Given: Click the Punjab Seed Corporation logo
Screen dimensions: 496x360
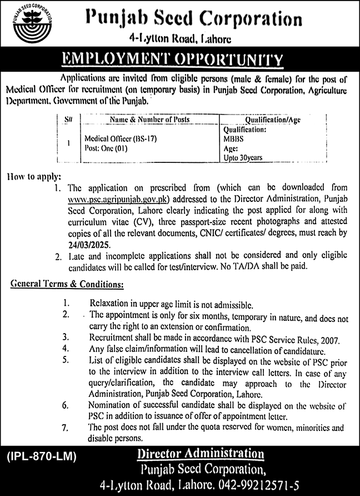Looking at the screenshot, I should coord(31,29).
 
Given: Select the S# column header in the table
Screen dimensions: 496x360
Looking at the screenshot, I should coord(68,119).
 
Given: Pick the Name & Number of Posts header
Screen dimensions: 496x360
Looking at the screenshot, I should coord(150,119).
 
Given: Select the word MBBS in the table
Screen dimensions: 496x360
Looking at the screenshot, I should coord(232,139).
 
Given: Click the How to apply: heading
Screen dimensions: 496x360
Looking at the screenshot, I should coord(34,177).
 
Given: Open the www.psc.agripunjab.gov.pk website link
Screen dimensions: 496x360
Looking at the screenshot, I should coord(116,198).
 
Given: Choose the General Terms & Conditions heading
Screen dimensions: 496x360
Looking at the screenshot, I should coord(67,285).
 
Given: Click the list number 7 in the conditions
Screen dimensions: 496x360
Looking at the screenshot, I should coord(66,428).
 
